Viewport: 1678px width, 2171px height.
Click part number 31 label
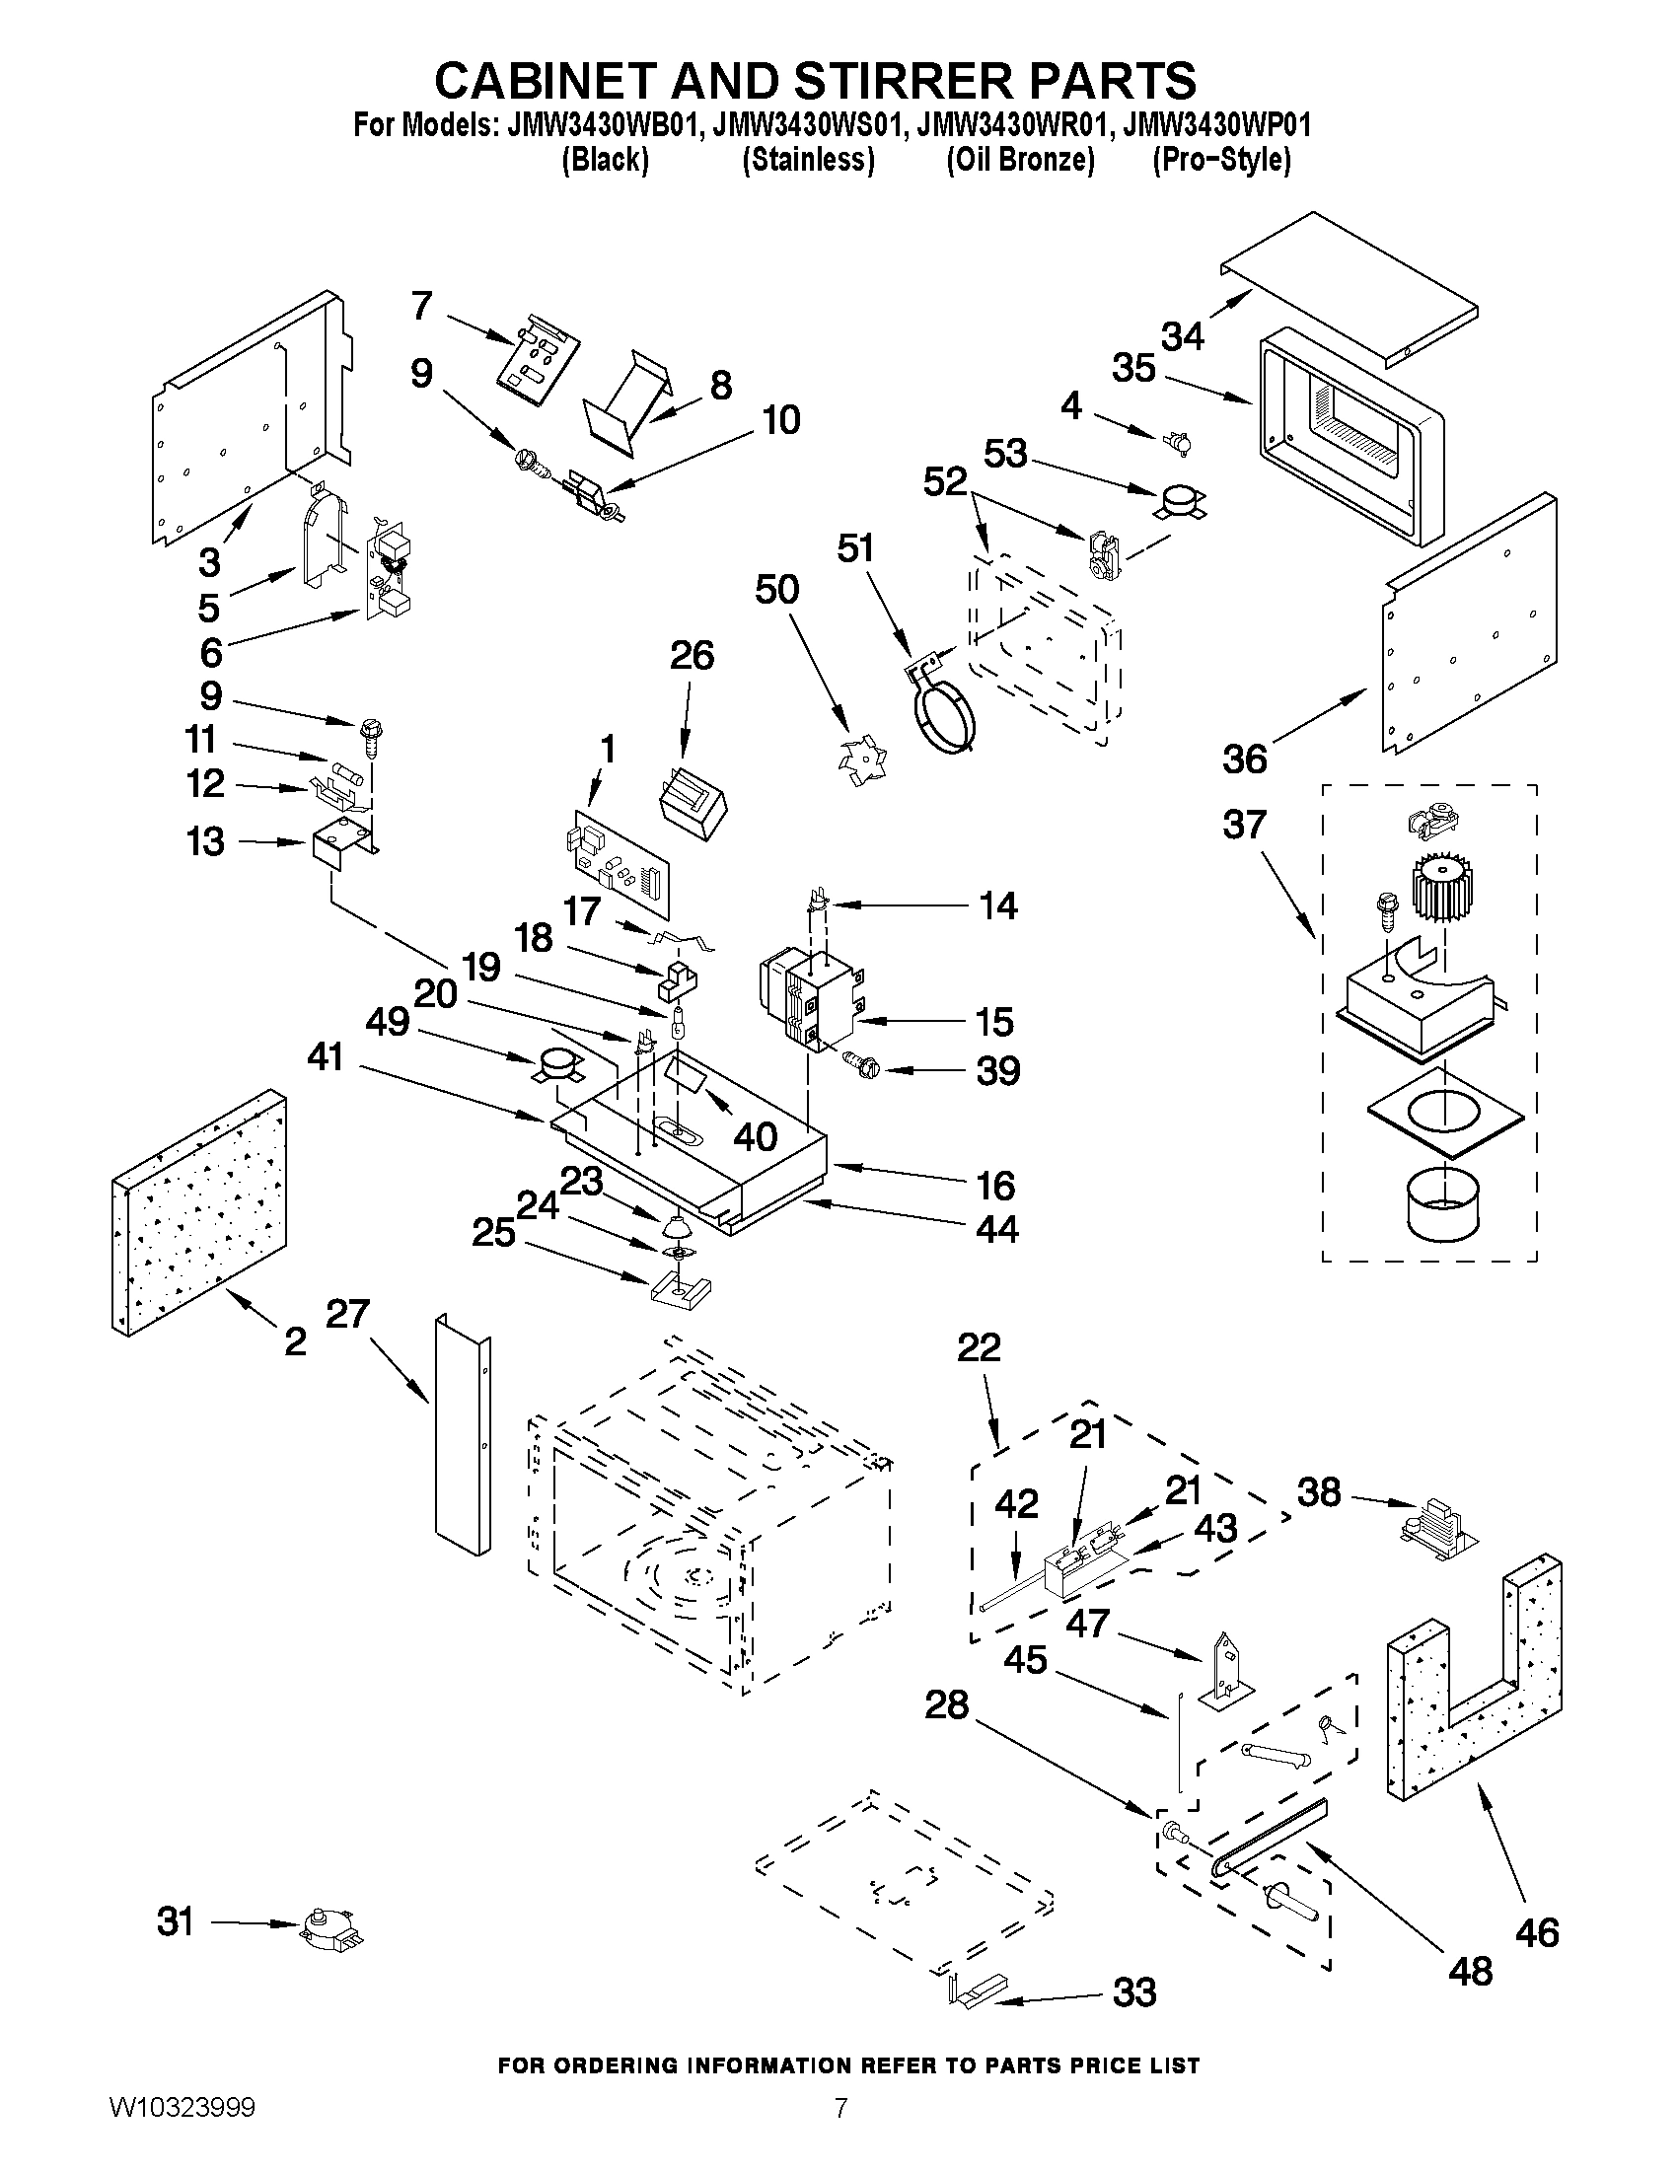coord(175,1921)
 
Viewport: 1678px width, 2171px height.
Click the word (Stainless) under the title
coord(808,159)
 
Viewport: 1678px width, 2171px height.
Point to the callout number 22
coord(980,1348)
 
